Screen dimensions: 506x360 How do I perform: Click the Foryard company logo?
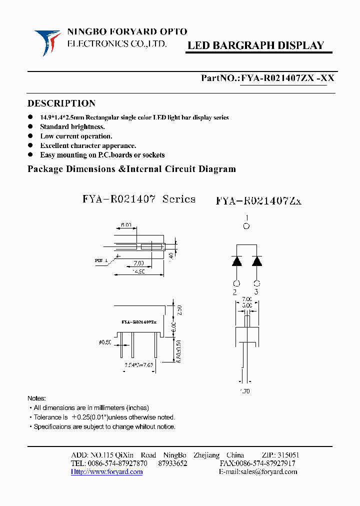(47, 41)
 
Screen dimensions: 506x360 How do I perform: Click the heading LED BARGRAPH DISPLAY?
(255, 45)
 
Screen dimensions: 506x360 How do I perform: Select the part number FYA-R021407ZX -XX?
(287, 78)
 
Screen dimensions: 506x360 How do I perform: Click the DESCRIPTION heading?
(61, 103)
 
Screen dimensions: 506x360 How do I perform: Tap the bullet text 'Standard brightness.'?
(72, 127)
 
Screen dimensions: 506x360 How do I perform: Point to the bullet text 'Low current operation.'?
(76, 136)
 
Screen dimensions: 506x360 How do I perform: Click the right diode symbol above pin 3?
(257, 261)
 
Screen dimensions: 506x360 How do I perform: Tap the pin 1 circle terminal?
(245, 226)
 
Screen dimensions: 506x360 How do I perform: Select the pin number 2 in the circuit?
(235, 292)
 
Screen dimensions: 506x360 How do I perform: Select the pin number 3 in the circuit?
(256, 292)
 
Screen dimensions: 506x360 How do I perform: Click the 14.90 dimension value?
(138, 271)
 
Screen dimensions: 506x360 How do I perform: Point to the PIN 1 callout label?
(100, 260)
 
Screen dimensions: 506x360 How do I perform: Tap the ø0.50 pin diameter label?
(105, 342)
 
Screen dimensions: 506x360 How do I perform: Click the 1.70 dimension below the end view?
(244, 391)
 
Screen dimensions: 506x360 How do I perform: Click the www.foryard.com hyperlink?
(106, 471)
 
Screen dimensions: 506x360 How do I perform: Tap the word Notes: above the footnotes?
(36, 398)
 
